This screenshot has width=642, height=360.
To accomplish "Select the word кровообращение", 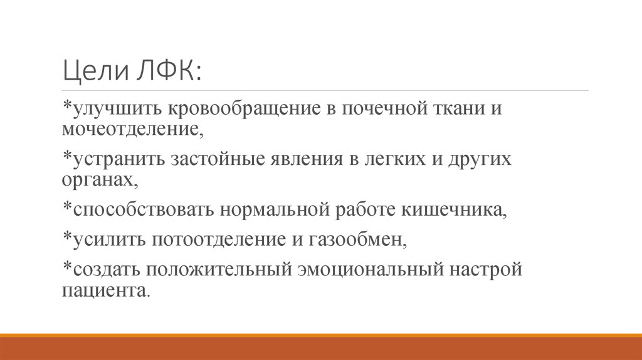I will (242, 109).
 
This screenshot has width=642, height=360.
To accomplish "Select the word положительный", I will (221, 269).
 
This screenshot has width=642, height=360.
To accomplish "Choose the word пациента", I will (105, 290).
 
